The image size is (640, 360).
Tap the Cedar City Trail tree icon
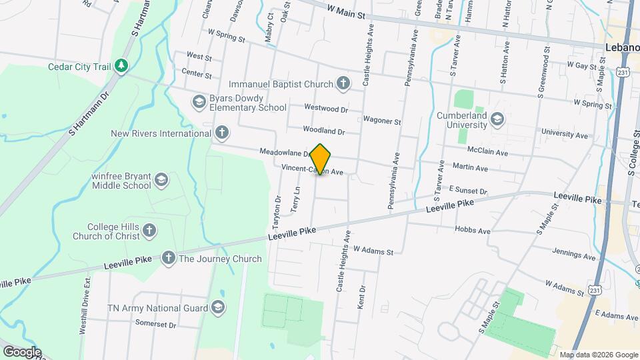coord(121,65)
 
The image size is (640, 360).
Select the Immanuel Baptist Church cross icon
coord(343,84)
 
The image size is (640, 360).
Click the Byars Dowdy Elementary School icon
coord(198,102)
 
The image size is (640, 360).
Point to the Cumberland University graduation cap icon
coord(496,120)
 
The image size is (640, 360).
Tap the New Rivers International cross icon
coord(221,133)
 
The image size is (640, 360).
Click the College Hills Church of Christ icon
coord(150,231)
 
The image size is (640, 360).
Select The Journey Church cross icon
coord(168,258)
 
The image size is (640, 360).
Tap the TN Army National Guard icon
coord(217,307)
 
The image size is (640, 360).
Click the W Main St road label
coord(347,11)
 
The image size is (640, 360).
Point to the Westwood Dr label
coord(326,107)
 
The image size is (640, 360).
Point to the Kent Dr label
coord(362,297)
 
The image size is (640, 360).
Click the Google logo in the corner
coord(21,351)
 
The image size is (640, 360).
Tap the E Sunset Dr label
coord(468,191)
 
